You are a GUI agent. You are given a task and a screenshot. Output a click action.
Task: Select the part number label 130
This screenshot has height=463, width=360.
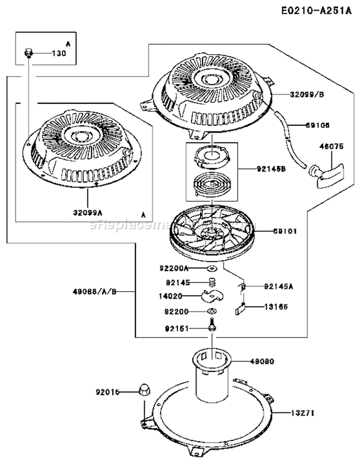coord(58,53)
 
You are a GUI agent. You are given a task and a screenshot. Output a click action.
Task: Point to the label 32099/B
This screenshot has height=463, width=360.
coord(307,95)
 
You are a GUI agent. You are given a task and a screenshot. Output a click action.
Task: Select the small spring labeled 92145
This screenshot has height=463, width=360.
coord(212,282)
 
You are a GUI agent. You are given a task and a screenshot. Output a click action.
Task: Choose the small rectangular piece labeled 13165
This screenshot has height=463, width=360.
coord(241,308)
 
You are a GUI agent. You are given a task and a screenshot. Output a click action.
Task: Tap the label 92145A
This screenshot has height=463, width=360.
coord(278,287)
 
